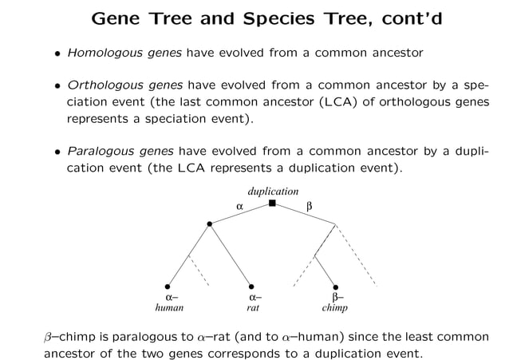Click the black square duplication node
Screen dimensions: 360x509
pyautogui.click(x=272, y=204)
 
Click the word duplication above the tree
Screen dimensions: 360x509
pyautogui.click(x=273, y=192)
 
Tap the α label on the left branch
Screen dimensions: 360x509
pyautogui.click(x=239, y=206)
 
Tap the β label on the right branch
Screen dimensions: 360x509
pyautogui.click(x=310, y=206)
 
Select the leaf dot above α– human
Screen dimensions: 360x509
pyautogui.click(x=168, y=287)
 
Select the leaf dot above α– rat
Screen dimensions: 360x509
pyautogui.click(x=251, y=287)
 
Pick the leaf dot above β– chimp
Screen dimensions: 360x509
pyautogui.click(x=335, y=287)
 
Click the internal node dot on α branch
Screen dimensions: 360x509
pyautogui.click(x=210, y=224)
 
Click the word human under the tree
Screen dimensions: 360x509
pyautogui.click(x=168, y=307)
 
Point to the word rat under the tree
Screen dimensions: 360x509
pyautogui.click(x=252, y=307)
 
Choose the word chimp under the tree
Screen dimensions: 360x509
pyautogui.click(x=334, y=307)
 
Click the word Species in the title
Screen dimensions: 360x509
pyautogui.click(x=262, y=18)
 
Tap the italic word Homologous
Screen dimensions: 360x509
pyautogui.click(x=99, y=53)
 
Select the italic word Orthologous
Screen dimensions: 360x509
pyautogui.click(x=99, y=86)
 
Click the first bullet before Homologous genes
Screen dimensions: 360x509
pyautogui.click(x=56, y=54)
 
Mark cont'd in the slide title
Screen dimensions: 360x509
pyautogui.click(x=388, y=18)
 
